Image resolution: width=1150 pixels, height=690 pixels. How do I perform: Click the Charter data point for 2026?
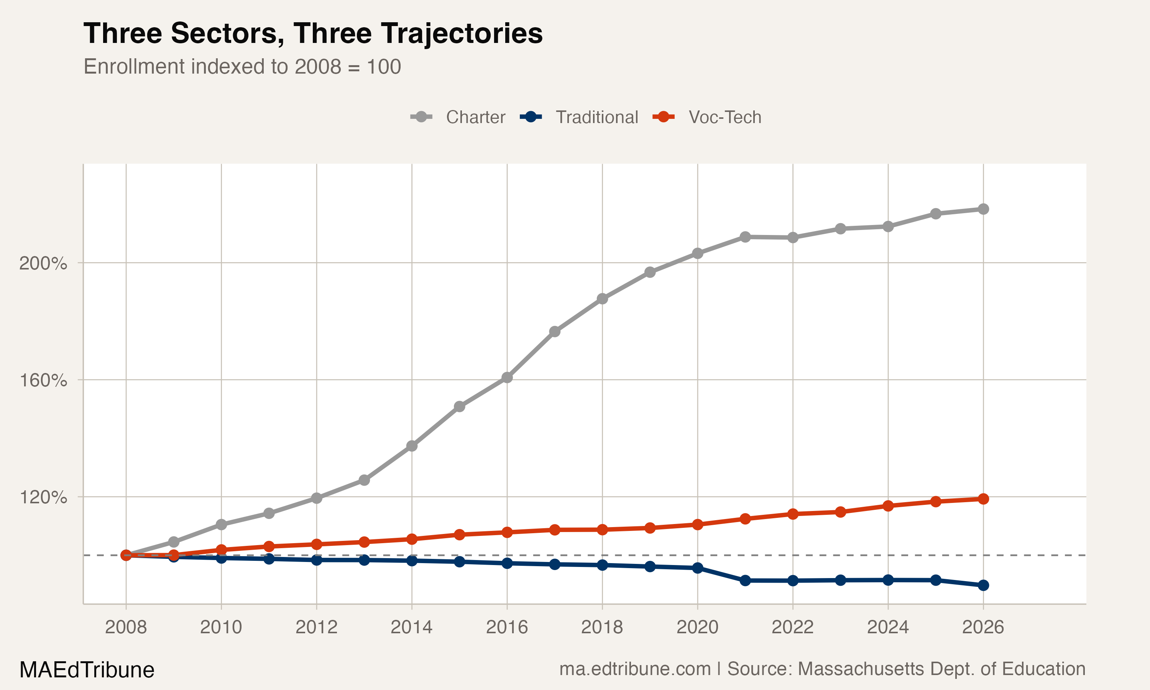click(x=983, y=209)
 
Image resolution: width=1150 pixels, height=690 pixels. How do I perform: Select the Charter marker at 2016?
click(x=507, y=378)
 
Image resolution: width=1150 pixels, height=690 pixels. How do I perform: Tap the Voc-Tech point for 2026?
click(x=983, y=499)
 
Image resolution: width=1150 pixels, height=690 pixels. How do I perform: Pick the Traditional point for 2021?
click(x=745, y=580)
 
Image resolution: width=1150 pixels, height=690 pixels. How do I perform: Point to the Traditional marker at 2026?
click(x=983, y=585)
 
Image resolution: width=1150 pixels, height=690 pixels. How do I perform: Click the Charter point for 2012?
click(x=317, y=498)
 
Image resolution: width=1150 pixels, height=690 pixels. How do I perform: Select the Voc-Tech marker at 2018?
click(x=603, y=530)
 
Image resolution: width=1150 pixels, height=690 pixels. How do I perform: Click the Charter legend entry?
click(x=475, y=117)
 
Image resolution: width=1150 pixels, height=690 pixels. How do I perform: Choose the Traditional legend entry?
click(x=596, y=117)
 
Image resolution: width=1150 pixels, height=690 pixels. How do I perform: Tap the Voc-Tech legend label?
click(x=724, y=117)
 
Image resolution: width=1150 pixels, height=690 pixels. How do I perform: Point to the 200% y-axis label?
click(x=43, y=264)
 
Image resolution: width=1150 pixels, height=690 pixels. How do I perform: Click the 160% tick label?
click(x=43, y=381)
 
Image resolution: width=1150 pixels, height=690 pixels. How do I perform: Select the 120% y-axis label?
click(x=43, y=498)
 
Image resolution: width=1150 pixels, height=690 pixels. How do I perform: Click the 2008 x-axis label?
click(x=126, y=627)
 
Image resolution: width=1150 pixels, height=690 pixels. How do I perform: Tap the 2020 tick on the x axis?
click(x=697, y=627)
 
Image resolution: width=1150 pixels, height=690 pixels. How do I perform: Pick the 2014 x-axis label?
click(x=411, y=627)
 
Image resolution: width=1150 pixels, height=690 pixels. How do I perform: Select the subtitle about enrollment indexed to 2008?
click(x=242, y=66)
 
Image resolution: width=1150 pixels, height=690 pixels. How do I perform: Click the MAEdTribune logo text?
click(x=87, y=670)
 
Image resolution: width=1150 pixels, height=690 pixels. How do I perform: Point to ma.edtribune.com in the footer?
click(x=634, y=669)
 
